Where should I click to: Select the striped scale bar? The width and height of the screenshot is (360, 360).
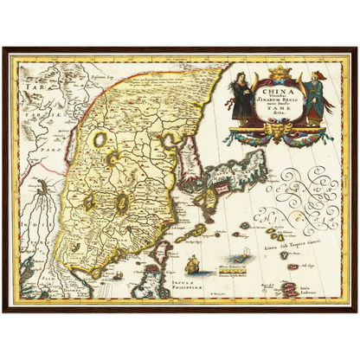(232, 272)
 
